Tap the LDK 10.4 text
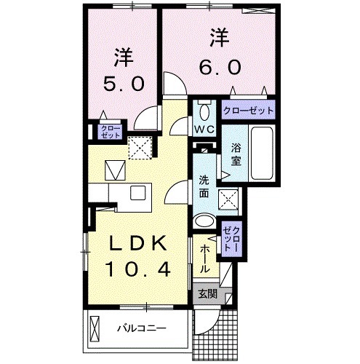140,256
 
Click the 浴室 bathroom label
236,154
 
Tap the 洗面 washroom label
205,188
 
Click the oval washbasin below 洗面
206,223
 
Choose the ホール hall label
205,257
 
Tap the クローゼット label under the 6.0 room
249,111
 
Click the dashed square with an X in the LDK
137,148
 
